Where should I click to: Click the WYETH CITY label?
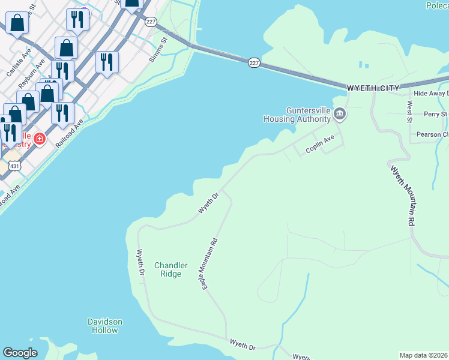(373, 88)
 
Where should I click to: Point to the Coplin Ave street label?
(319, 145)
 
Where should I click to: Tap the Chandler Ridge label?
(171, 269)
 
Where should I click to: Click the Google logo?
(20, 353)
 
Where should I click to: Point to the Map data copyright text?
(424, 355)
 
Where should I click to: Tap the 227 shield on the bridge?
(255, 62)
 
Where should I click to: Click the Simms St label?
(159, 45)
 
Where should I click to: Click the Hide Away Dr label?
(430, 94)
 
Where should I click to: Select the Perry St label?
(435, 114)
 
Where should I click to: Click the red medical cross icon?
(40, 139)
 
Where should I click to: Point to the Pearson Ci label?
(436, 134)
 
